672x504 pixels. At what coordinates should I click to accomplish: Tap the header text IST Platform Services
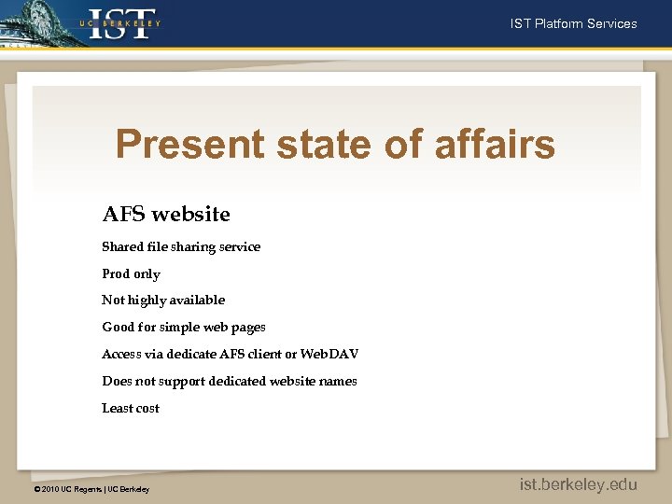point(573,23)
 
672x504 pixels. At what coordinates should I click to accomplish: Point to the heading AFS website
point(166,215)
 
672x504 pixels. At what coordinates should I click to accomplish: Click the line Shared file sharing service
point(181,247)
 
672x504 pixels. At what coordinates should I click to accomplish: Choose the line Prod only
point(131,274)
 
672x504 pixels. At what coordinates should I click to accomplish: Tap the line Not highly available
point(163,301)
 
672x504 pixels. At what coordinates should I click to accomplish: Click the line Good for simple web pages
point(184,328)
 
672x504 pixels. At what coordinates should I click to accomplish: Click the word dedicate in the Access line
point(190,355)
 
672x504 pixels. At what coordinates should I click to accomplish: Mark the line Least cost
point(131,409)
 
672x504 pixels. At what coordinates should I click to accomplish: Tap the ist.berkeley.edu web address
point(579,483)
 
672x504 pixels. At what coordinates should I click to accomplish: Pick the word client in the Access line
point(267,355)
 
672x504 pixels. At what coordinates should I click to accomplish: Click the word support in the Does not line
point(177,382)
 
